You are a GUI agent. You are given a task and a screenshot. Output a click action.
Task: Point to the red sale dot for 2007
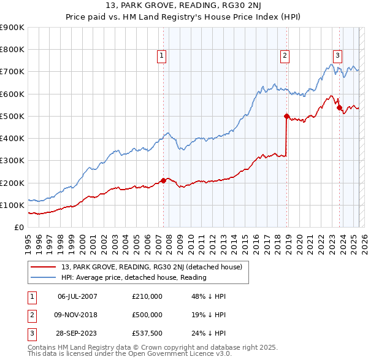click(x=164, y=180)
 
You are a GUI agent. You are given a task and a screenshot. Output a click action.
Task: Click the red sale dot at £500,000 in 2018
click(x=286, y=116)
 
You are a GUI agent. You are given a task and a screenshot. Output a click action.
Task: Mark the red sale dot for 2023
click(x=339, y=107)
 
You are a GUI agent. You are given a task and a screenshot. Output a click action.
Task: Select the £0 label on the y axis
click(x=19, y=228)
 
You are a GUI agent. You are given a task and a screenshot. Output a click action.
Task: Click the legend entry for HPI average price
click(x=134, y=277)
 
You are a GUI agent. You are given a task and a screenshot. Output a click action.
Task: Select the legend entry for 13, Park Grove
click(x=152, y=267)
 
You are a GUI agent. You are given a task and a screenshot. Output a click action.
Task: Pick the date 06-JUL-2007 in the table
click(x=77, y=296)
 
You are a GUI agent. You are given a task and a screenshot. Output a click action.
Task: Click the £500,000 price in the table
click(x=147, y=315)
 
